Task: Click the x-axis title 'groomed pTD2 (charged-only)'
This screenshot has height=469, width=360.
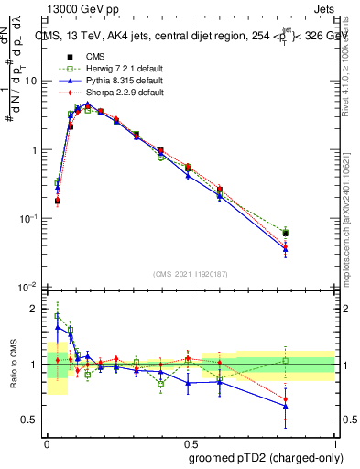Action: (265, 458)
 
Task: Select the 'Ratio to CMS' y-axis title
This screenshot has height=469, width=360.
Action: (14, 365)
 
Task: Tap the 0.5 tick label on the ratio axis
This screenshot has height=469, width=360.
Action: (31, 420)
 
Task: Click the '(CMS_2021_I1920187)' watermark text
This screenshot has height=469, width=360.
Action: (190, 273)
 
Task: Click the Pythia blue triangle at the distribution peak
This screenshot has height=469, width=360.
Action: (87, 104)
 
